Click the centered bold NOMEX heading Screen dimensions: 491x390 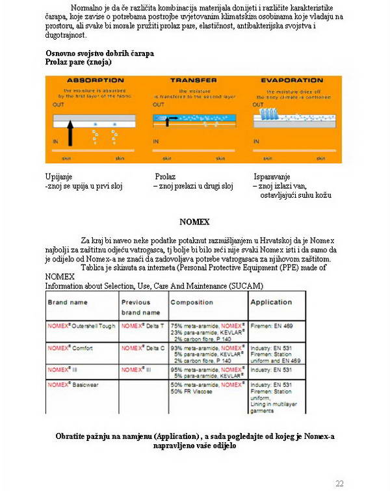[194, 222]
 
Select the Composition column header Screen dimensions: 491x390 [191, 302]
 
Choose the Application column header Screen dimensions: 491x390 [271, 302]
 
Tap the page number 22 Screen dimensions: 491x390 [339, 483]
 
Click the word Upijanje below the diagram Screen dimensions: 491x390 [58, 177]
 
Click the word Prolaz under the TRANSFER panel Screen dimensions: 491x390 [166, 177]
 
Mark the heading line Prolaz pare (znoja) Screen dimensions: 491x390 [78, 62]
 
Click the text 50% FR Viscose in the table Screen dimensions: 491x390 [193, 392]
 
